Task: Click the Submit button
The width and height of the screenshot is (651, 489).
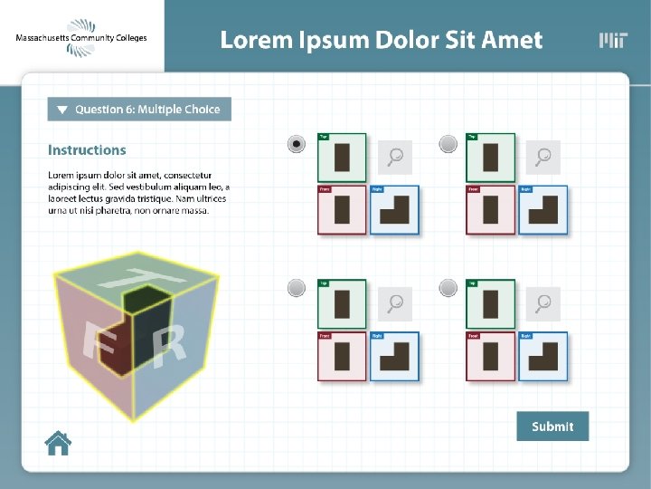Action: pos(552,427)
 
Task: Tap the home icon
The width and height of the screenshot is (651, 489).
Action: pos(58,443)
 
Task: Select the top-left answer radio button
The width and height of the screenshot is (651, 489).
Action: pos(296,144)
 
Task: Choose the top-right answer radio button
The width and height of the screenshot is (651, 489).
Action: pos(448,144)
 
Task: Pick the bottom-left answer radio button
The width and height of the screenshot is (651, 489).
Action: pos(296,288)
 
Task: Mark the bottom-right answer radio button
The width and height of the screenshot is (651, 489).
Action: pos(448,288)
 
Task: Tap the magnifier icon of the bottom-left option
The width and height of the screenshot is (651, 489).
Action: pos(394,302)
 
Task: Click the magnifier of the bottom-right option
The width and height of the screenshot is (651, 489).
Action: pos(542,302)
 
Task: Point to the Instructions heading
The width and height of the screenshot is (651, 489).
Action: pos(87,150)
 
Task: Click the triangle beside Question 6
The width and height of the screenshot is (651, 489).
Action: pos(62,110)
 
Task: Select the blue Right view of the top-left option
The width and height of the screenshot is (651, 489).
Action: pos(395,210)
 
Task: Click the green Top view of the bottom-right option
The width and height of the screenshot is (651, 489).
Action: pos(491,303)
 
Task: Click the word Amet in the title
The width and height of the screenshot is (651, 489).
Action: pos(512,40)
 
